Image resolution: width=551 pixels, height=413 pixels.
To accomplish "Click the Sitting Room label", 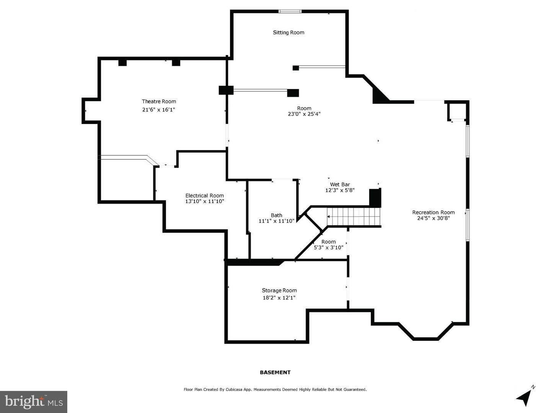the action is click(289, 33).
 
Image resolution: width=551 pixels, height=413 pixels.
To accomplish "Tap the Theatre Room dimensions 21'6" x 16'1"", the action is click(158, 110).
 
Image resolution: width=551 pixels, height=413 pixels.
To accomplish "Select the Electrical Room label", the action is click(205, 195).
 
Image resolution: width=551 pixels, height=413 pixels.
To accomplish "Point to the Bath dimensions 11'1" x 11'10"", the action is click(276, 221).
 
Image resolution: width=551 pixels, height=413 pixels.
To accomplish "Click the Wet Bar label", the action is click(340, 185).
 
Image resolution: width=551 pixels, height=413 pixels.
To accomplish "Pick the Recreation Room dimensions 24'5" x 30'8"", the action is click(434, 218).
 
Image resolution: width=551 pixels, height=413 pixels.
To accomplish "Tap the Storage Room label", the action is click(279, 290).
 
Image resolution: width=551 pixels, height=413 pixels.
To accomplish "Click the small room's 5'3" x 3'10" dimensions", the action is click(329, 247).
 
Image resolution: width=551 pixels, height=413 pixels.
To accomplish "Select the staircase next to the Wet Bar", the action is click(354, 217).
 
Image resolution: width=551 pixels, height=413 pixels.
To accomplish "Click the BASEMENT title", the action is click(275, 372).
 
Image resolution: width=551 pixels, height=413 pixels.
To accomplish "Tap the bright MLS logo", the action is click(34, 402).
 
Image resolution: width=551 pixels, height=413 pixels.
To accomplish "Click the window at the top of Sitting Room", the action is click(290, 11).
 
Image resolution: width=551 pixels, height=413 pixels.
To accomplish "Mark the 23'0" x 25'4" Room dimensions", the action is click(304, 114).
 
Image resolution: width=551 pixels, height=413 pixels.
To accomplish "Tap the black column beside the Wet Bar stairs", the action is click(375, 198).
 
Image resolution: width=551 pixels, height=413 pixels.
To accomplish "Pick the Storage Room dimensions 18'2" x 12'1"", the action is click(279, 298).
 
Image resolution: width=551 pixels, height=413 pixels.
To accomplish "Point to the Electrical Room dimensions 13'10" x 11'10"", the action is click(205, 202).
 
